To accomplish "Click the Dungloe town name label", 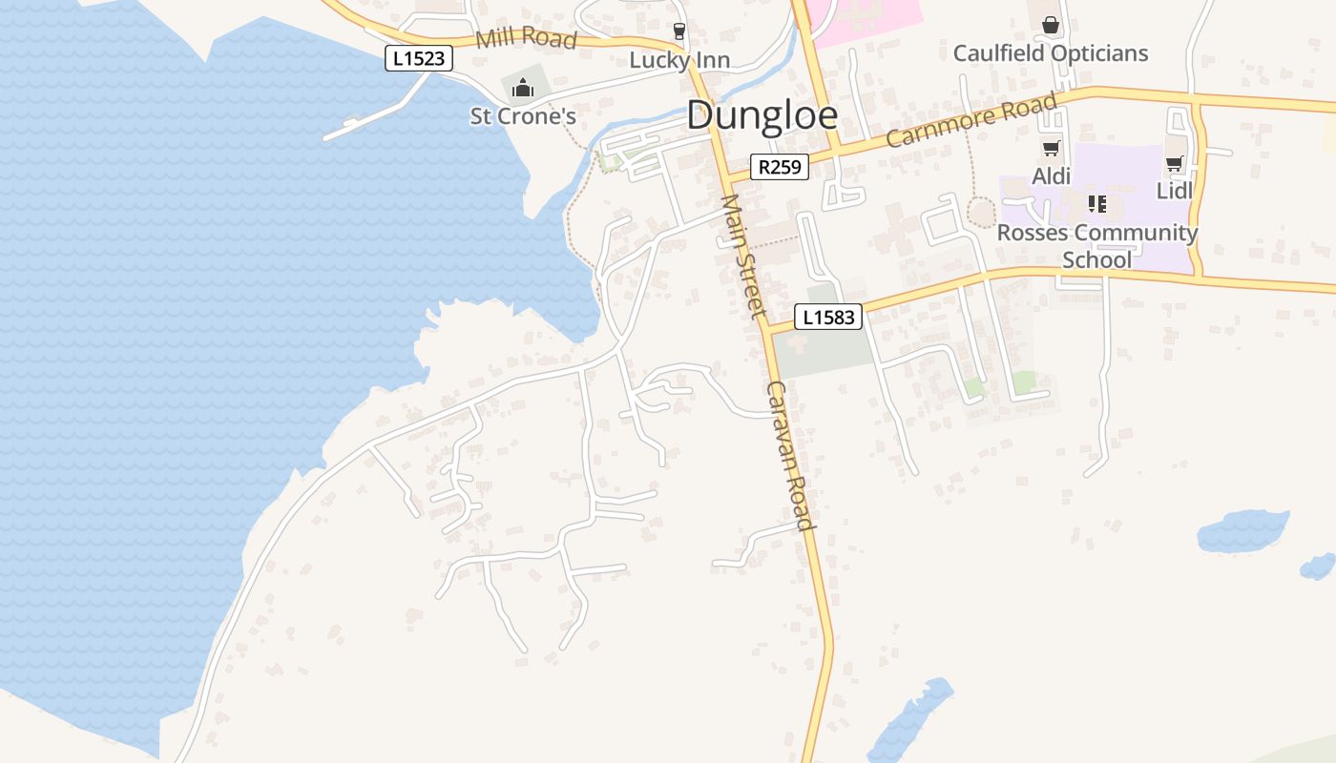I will [762, 115].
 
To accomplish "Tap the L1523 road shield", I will [419, 58].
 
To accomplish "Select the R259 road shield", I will [779, 168].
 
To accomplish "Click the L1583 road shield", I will [828, 317].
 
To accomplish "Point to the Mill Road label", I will [526, 38].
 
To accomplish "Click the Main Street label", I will [744, 256].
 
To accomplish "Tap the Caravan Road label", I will [791, 456].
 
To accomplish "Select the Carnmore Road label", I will [971, 120].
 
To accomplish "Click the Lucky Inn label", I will [679, 60].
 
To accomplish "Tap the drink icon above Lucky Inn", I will [679, 31].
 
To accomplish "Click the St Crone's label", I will [523, 116].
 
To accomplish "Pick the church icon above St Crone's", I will [523, 89].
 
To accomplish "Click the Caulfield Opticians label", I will [1051, 52].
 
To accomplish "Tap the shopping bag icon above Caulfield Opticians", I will [1051, 25].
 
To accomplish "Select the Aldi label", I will [1052, 176].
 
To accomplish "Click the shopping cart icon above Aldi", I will [1052, 148].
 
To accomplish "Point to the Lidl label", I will [1175, 191].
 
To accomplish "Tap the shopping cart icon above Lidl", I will [1174, 163].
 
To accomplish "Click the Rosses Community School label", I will [1097, 246].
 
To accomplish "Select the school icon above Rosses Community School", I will [1097, 204].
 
